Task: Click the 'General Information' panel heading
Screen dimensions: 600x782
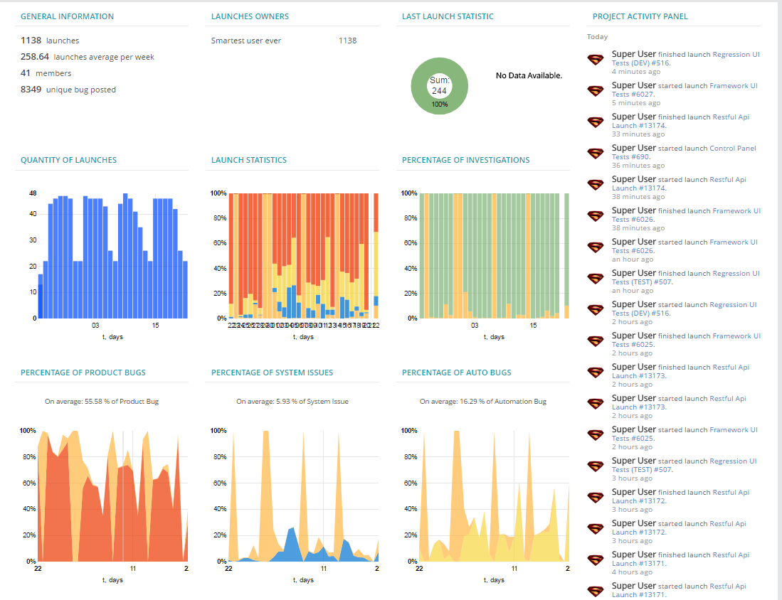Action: click(x=67, y=16)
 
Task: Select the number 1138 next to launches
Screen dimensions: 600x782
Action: click(x=31, y=41)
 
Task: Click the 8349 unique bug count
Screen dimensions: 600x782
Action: click(x=31, y=90)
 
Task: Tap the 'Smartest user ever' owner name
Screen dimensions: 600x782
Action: click(x=245, y=41)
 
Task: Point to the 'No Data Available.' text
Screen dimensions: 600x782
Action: click(x=529, y=75)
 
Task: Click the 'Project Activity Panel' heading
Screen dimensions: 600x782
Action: click(x=640, y=16)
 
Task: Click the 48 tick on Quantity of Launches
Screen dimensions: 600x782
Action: click(x=33, y=193)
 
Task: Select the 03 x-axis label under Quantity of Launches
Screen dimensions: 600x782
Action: click(x=95, y=326)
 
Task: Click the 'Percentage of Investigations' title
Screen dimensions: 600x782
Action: click(x=465, y=160)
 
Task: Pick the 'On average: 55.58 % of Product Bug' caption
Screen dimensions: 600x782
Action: click(x=102, y=402)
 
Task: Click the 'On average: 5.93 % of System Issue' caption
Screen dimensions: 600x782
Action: click(x=292, y=402)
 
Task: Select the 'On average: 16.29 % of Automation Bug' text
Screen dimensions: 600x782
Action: click(x=482, y=402)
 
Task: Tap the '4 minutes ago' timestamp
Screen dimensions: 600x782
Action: click(x=635, y=72)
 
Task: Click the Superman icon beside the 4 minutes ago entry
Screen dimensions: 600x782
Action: click(x=595, y=60)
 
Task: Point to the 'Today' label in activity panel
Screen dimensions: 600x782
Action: click(x=597, y=37)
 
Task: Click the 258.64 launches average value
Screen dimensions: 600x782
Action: click(x=34, y=57)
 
